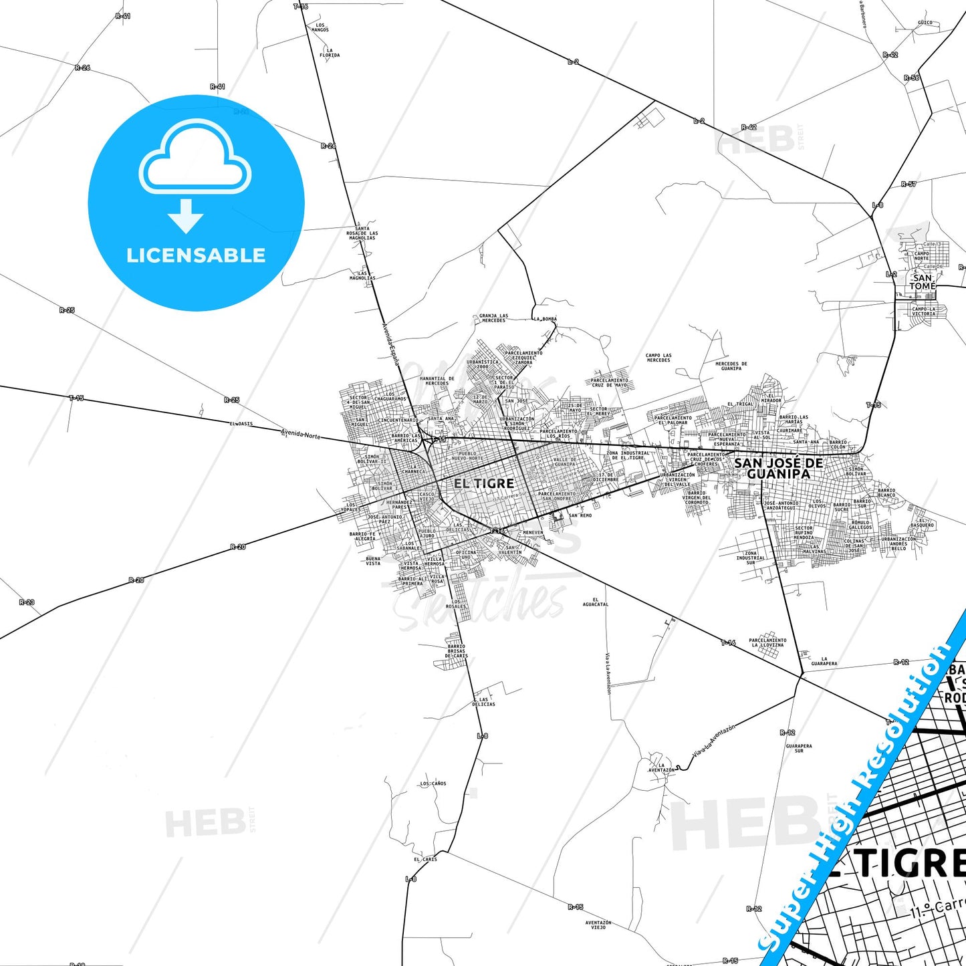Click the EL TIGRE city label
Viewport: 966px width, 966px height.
tap(483, 483)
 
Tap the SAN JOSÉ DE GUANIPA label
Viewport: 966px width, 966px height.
tap(778, 468)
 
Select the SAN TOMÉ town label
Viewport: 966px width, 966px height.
tap(922, 282)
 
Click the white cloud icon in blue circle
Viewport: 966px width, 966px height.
tap(195, 158)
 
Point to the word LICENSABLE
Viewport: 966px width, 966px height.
tap(196, 255)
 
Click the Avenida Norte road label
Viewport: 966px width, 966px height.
tap(301, 435)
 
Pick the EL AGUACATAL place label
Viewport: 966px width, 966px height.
tap(596, 602)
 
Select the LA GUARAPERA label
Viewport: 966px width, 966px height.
tap(824, 661)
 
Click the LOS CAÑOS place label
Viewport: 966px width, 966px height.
tap(433, 783)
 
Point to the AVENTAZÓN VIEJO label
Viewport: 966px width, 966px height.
tap(598, 925)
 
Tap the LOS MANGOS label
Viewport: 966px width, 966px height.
tap(320, 27)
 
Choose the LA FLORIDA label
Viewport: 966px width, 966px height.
tap(330, 53)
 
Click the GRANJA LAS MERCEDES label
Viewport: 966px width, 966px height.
tap(493, 318)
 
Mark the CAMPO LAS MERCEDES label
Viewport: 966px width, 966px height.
tap(658, 358)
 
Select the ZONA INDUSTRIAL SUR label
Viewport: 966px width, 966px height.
tap(751, 558)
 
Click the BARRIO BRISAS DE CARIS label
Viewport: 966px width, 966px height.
tap(457, 651)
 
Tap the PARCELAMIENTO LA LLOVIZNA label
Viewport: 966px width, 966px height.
tap(767, 642)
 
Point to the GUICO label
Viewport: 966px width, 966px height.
tap(925, 22)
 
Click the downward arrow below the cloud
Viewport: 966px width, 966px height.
tap(187, 216)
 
